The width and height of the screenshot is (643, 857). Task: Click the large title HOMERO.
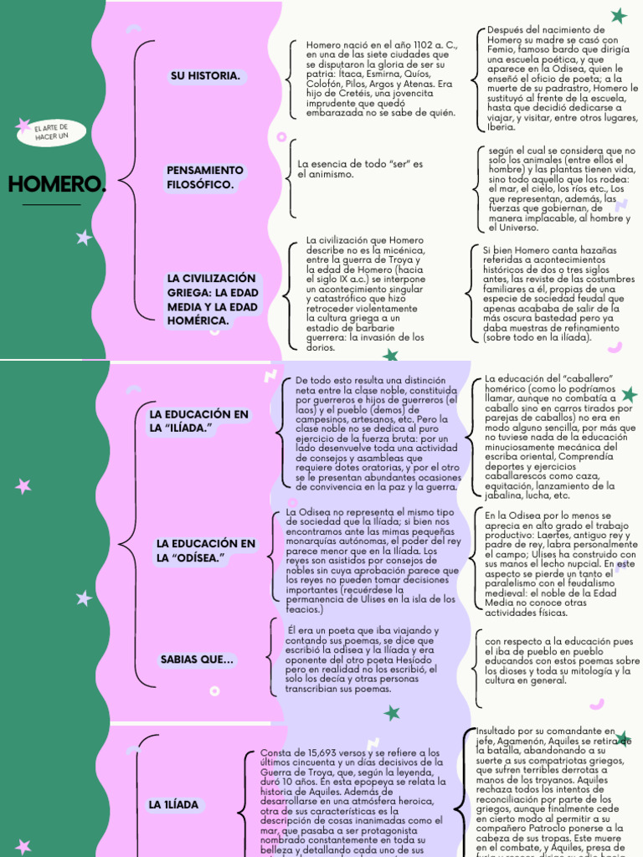click(56, 184)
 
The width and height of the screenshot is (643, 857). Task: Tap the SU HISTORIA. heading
click(205, 76)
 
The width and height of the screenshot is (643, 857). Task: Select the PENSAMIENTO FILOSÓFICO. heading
click(205, 177)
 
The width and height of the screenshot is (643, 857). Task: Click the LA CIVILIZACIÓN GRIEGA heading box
click(212, 300)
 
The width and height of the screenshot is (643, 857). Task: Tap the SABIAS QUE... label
click(197, 660)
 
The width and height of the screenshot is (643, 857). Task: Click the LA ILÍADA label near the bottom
click(174, 805)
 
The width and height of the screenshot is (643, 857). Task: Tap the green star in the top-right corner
click(619, 15)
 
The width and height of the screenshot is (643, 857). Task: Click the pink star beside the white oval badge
click(23, 126)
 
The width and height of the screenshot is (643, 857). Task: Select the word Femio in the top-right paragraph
click(501, 50)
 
